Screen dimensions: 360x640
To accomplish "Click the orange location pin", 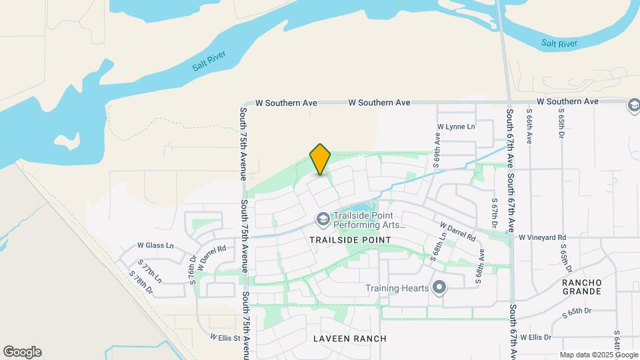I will [x=321, y=159].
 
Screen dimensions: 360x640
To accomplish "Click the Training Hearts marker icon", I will [x=439, y=288].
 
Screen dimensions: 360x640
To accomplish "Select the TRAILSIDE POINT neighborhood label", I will [x=347, y=239].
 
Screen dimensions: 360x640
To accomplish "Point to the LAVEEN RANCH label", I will [x=350, y=339].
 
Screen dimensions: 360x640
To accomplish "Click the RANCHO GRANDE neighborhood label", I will [x=582, y=287].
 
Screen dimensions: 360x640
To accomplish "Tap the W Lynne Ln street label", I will [x=456, y=127].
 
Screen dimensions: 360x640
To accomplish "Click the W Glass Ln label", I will [x=155, y=245].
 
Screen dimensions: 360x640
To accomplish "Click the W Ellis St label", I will [x=225, y=337].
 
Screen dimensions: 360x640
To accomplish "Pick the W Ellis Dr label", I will [x=537, y=337].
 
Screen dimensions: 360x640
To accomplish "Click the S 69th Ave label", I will [x=438, y=149].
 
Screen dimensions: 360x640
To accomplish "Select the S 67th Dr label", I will [x=495, y=213].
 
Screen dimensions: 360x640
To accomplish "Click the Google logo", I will [x=22, y=352].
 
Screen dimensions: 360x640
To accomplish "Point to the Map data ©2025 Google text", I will [x=598, y=355].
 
